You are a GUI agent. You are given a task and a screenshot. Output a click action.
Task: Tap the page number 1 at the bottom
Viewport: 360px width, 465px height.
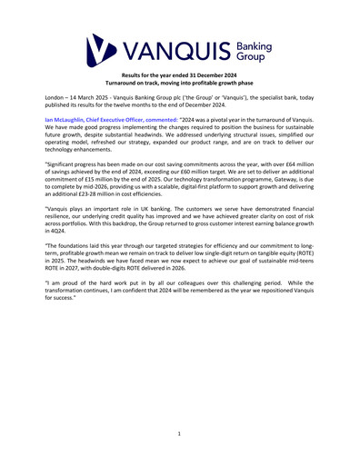click(x=180, y=435)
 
